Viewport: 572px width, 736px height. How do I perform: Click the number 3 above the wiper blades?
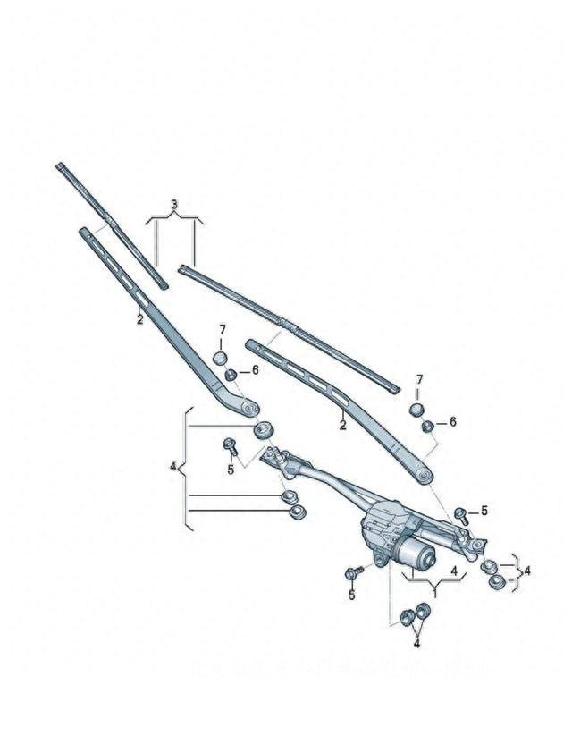pos(175,205)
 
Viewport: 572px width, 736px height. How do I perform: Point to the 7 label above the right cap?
pos(419,381)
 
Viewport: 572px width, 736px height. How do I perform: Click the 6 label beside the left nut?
pos(255,369)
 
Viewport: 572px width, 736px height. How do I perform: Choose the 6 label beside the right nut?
pos(452,421)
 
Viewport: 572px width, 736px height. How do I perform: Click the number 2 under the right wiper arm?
pos(342,427)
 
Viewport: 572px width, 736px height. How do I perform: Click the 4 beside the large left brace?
pos(172,466)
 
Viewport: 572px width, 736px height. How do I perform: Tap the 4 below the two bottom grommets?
pos(416,641)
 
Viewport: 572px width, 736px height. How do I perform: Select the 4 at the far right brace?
pos(528,570)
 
